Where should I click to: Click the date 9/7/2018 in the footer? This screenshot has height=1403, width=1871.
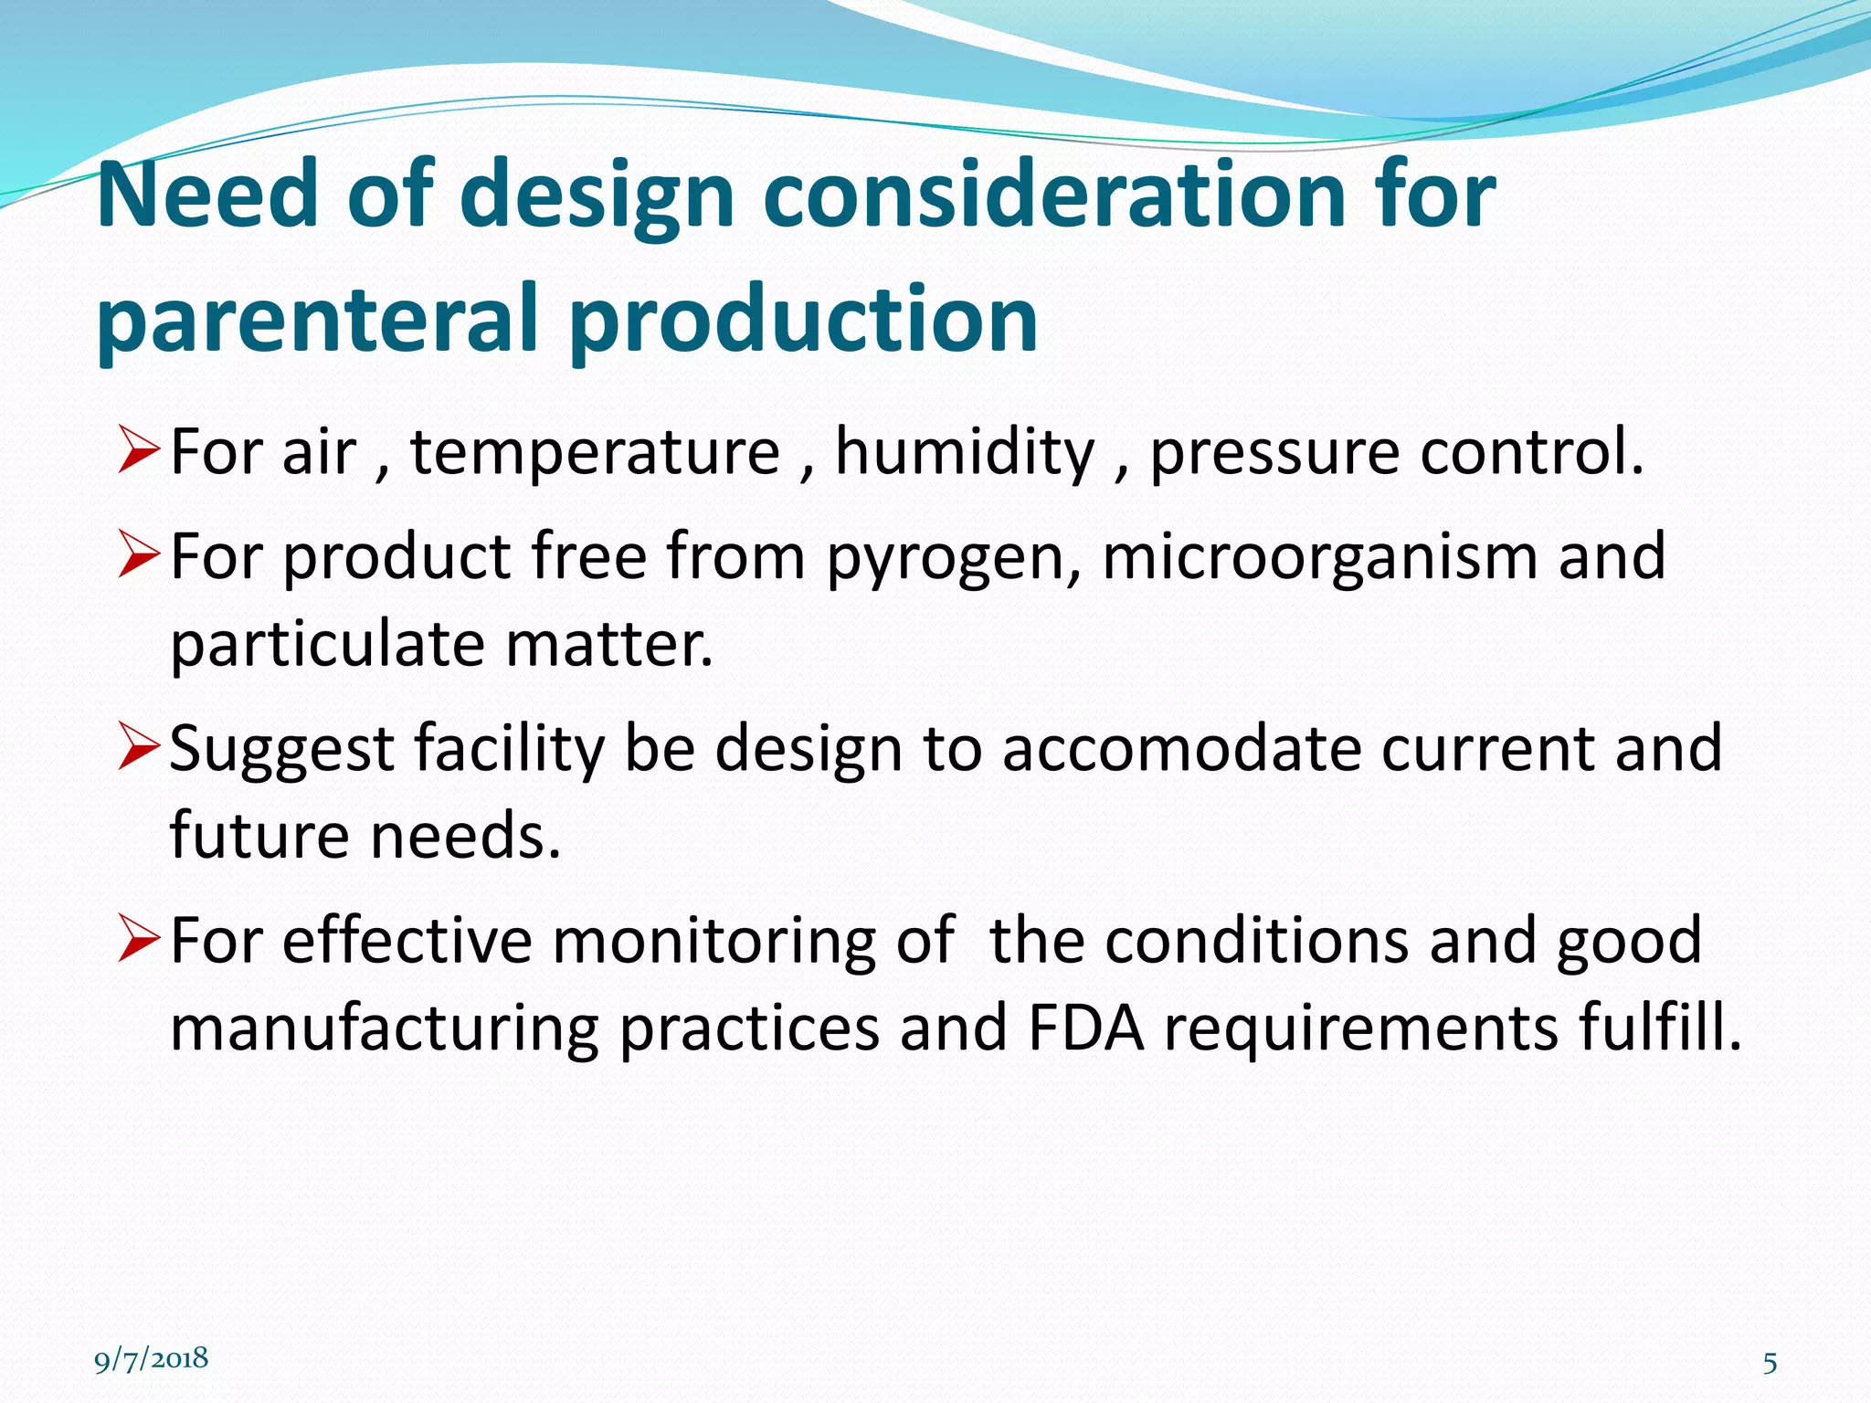(152, 1359)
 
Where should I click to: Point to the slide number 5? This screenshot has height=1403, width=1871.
(1770, 1364)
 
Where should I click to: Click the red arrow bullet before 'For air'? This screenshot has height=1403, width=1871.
(140, 452)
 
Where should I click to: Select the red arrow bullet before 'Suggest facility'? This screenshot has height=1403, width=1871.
(140, 749)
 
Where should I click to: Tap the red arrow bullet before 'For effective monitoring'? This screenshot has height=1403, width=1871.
(140, 942)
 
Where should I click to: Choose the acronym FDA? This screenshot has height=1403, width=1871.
(1085, 1029)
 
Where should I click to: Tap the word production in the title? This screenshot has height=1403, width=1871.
(803, 320)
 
